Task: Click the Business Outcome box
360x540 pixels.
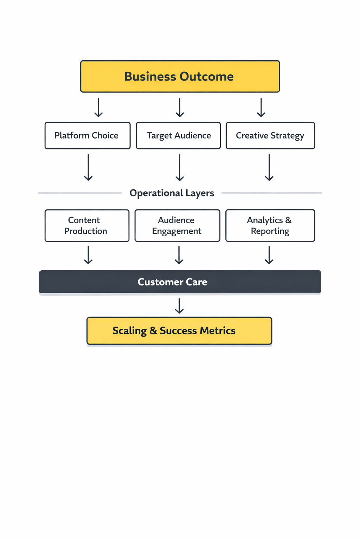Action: pyautogui.click(x=180, y=76)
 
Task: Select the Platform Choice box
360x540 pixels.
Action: pyautogui.click(x=88, y=136)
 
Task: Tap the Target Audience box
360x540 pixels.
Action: pyautogui.click(x=178, y=136)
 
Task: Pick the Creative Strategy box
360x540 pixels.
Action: pyautogui.click(x=270, y=136)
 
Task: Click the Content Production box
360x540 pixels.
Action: pyautogui.click(x=87, y=226)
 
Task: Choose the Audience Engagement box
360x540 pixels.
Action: pyautogui.click(x=177, y=226)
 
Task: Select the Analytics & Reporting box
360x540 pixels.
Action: pyautogui.click(x=270, y=226)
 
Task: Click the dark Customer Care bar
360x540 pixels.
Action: pyautogui.click(x=180, y=282)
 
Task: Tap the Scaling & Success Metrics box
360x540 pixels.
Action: pyautogui.click(x=179, y=331)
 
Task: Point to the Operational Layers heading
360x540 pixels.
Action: pyautogui.click(x=172, y=193)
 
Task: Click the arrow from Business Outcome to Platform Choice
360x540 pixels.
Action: pyautogui.click(x=98, y=108)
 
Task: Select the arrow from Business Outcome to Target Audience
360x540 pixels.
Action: pyautogui.click(x=180, y=108)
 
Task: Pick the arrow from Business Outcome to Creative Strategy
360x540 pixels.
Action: pyautogui.click(x=261, y=108)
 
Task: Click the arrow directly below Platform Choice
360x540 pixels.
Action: pyautogui.click(x=88, y=167)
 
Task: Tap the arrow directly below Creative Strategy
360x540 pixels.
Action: pyautogui.click(x=269, y=167)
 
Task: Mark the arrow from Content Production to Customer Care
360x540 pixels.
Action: pyautogui.click(x=88, y=255)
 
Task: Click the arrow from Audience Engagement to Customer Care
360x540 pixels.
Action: pyautogui.click(x=179, y=255)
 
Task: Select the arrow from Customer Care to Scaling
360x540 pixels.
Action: pyautogui.click(x=179, y=306)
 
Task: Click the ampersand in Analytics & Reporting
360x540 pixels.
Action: pyautogui.click(x=288, y=220)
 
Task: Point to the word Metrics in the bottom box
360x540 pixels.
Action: pyautogui.click(x=218, y=331)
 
